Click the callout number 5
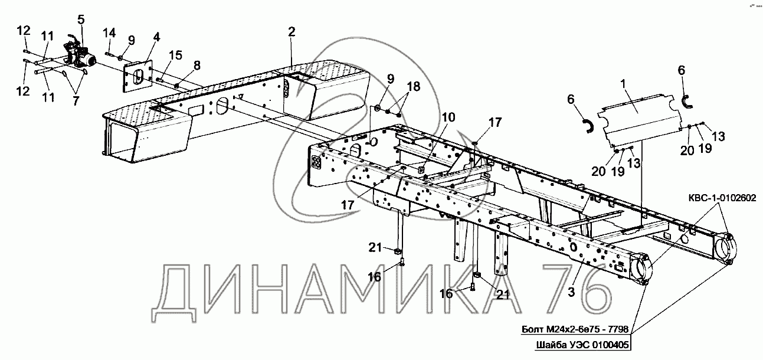click(81, 19)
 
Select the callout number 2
click(292, 32)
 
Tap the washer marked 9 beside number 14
click(120, 57)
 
